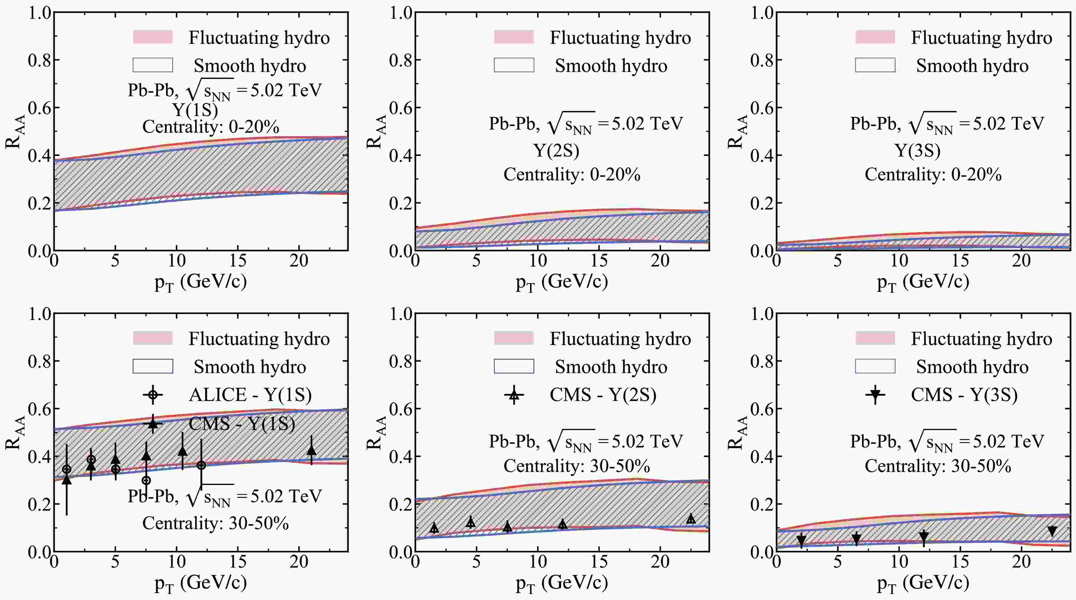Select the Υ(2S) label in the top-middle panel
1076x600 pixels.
(556, 150)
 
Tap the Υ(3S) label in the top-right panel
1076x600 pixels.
(917, 150)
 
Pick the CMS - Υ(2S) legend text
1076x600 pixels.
(603, 395)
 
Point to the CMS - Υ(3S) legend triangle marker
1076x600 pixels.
(876, 394)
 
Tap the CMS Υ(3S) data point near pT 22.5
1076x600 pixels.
(1052, 531)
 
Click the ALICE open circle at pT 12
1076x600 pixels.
(201, 465)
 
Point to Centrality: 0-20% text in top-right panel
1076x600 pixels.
(933, 174)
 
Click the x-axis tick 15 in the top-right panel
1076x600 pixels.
(960, 261)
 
